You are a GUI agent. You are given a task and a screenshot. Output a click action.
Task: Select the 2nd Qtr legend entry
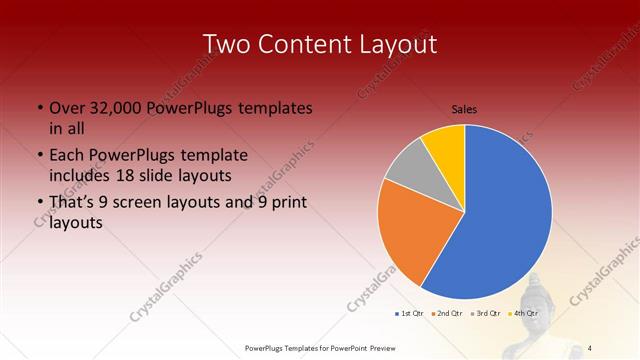pyautogui.click(x=447, y=314)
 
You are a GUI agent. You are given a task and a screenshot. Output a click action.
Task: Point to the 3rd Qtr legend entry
pyautogui.click(x=486, y=314)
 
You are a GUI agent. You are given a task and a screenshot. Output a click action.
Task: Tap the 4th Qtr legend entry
pyautogui.click(x=524, y=314)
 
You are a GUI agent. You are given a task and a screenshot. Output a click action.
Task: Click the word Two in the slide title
pyautogui.click(x=225, y=44)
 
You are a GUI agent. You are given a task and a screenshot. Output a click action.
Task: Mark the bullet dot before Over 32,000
pyautogui.click(x=39, y=108)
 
